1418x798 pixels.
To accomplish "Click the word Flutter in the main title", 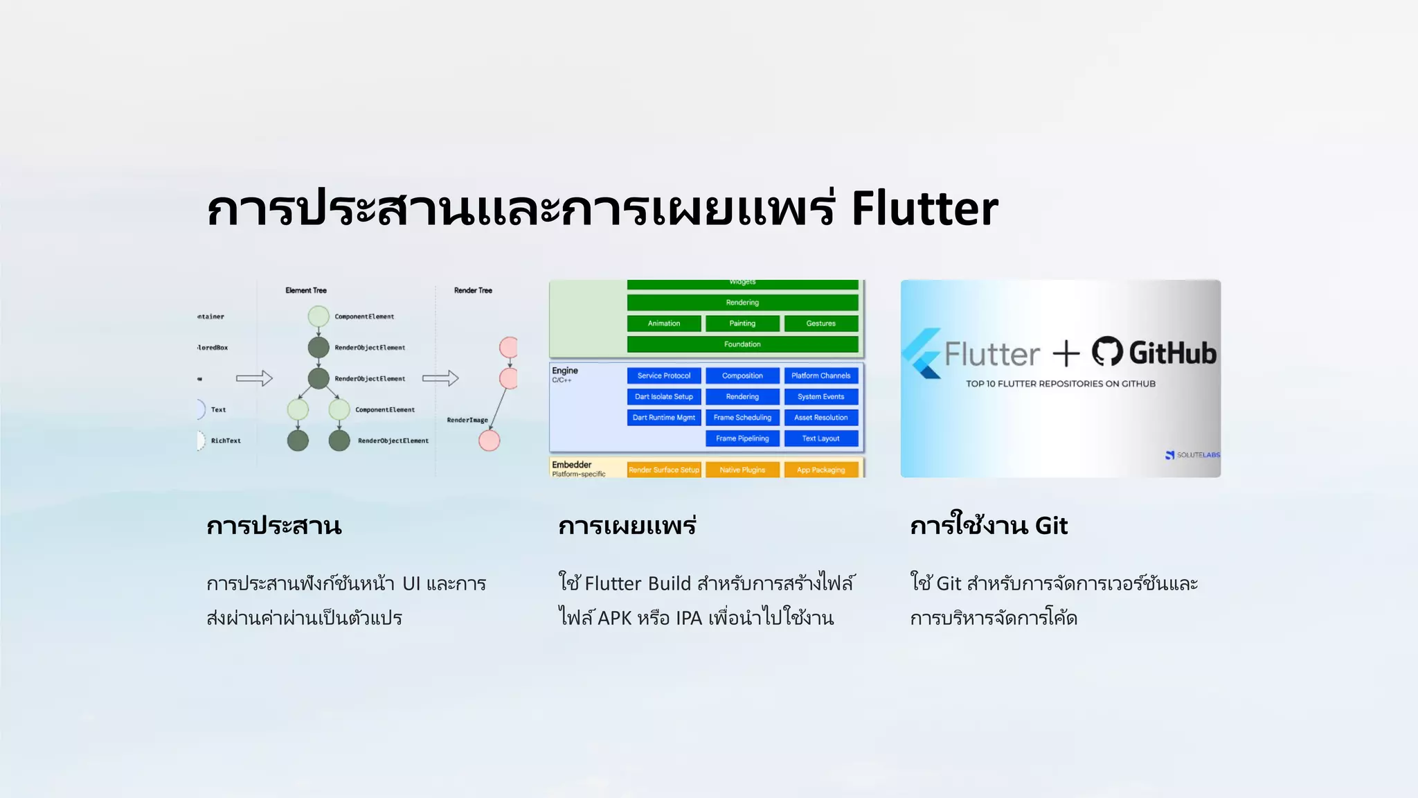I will pyautogui.click(x=924, y=209).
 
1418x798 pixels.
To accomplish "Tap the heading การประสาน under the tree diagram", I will pyautogui.click(x=274, y=526).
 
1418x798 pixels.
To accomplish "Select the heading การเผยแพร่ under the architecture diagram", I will pyautogui.click(x=627, y=526).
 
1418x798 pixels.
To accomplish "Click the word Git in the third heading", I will pyautogui.click(x=1051, y=526).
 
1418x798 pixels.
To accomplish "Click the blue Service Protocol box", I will pyautogui.click(x=663, y=375).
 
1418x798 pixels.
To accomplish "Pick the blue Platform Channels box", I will pyautogui.click(x=820, y=375).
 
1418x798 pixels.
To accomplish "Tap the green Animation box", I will pyautogui.click(x=663, y=323).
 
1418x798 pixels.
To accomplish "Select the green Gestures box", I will pyautogui.click(x=820, y=323).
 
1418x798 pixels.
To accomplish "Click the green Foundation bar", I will pyautogui.click(x=742, y=344).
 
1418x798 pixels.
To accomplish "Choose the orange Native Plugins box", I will pyautogui.click(x=742, y=470).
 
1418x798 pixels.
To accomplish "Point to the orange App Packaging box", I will pyautogui.click(x=820, y=470).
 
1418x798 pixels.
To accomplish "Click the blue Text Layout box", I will pyautogui.click(x=820, y=438).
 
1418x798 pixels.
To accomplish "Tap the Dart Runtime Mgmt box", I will pyautogui.click(x=663, y=418).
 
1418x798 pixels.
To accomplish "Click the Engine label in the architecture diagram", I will pyautogui.click(x=564, y=371).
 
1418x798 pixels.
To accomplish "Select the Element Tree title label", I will pyautogui.click(x=306, y=290).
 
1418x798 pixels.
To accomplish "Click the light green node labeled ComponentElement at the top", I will pyautogui.click(x=318, y=317).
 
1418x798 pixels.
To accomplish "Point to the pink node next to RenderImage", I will pyautogui.click(x=490, y=441).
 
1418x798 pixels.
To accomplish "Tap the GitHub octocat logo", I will pyautogui.click(x=1107, y=352).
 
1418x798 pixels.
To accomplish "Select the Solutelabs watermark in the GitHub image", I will pyautogui.click(x=1193, y=455).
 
